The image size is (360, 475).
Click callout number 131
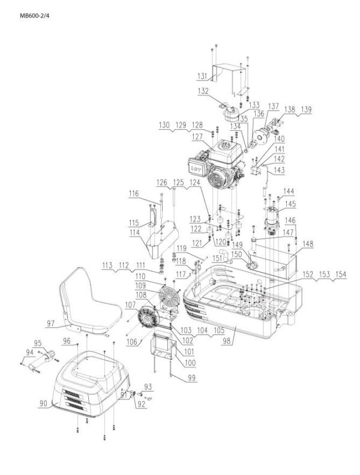click(x=204, y=76)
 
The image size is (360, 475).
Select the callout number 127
click(x=197, y=137)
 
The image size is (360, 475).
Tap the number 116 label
click(x=133, y=194)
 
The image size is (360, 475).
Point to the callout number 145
click(x=289, y=204)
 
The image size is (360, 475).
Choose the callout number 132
click(x=204, y=91)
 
